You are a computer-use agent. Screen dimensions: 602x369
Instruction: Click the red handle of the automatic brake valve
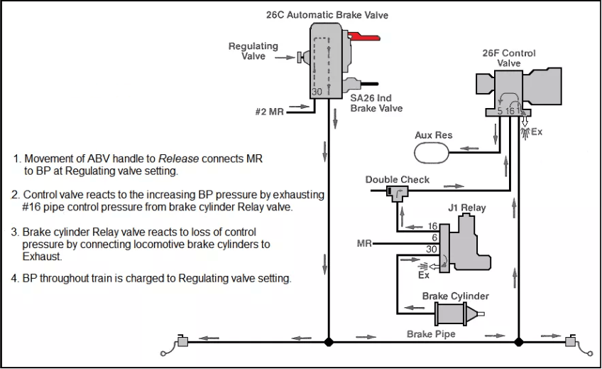click(364, 37)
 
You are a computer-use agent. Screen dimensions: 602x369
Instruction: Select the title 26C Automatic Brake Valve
click(327, 15)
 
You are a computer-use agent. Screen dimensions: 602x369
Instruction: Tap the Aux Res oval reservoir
click(432, 153)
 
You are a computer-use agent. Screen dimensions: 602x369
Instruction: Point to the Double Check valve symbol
click(397, 192)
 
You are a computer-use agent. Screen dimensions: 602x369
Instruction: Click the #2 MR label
click(269, 112)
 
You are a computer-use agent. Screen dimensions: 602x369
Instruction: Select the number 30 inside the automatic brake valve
click(317, 92)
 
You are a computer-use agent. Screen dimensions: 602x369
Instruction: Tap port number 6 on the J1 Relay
click(434, 238)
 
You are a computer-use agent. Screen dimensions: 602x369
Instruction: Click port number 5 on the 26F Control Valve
click(500, 111)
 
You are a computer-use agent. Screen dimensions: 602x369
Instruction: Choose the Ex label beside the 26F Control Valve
click(537, 132)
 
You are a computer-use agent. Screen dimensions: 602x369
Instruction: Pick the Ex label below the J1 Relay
click(424, 275)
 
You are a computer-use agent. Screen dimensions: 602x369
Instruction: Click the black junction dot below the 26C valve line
click(328, 342)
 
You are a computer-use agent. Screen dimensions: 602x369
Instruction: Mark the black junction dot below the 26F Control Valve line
click(519, 342)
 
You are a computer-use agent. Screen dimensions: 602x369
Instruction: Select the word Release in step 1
click(178, 159)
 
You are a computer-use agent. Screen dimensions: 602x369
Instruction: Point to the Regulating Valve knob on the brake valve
click(302, 58)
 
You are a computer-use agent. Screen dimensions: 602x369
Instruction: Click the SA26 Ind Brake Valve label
click(376, 103)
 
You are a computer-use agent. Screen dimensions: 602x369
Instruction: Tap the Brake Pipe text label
click(431, 333)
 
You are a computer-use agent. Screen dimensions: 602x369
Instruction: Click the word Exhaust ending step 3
click(41, 257)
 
